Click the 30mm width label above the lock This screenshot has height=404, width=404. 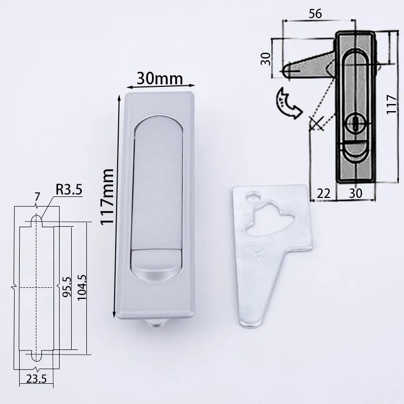pos(160,78)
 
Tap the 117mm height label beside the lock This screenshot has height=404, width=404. pos(108,197)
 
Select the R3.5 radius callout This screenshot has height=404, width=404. pos(69,190)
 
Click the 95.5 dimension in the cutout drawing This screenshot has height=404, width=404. pos(67,287)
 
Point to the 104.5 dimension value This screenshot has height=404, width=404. pos(82,287)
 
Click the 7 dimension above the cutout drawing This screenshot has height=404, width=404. pos(37,197)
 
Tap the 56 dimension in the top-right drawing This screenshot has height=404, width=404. pos(315,14)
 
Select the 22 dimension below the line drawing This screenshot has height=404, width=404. pos(323,193)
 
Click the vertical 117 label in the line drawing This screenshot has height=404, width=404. pos(391,104)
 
